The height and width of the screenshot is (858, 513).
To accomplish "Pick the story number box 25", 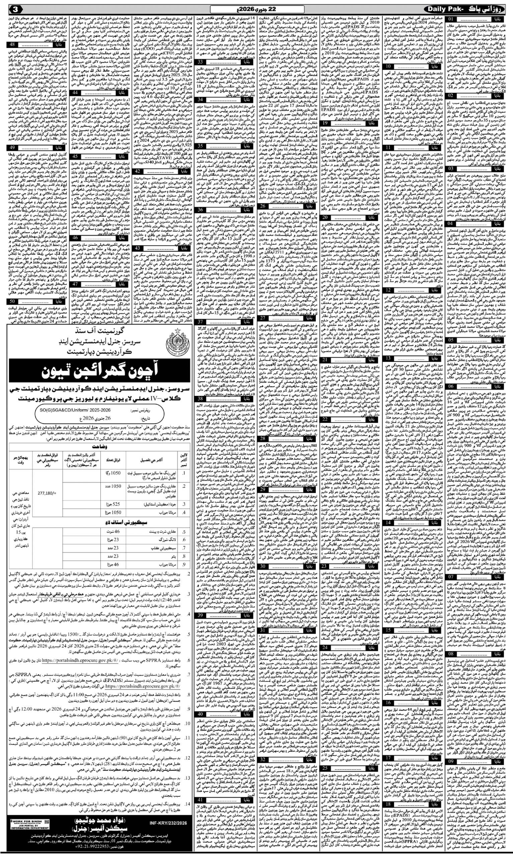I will [x=325, y=727].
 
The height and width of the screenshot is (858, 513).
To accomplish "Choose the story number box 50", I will [x=12, y=301].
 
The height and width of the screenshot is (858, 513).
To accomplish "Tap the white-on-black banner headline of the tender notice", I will [x=100, y=371].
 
